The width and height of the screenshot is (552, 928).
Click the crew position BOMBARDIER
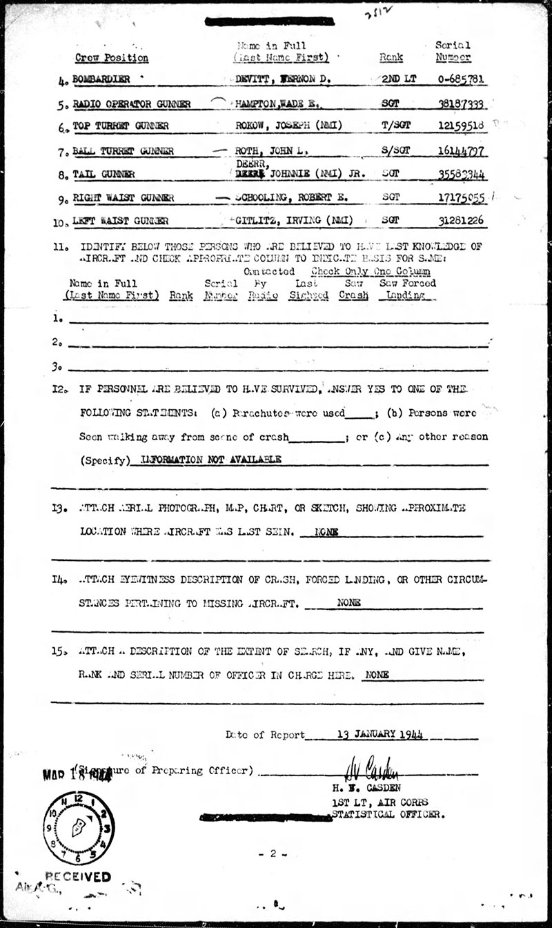tap(103, 79)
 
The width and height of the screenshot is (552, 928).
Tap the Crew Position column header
tap(112, 58)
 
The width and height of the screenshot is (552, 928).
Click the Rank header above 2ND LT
tap(391, 58)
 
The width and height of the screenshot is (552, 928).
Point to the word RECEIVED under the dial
tap(78, 877)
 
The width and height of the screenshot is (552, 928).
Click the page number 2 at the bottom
tap(274, 853)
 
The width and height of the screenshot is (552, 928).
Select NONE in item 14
tap(349, 602)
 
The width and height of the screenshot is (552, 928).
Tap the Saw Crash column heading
tap(353, 289)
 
